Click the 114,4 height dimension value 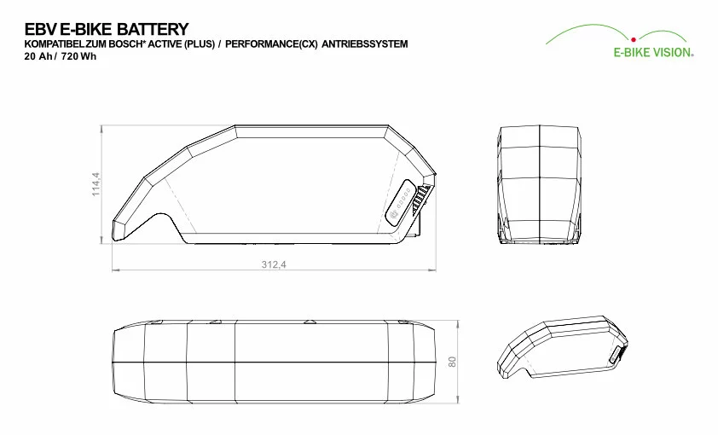coord(96,184)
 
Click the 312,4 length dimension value coord(274,264)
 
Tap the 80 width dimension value coord(453,362)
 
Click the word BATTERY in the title coord(153,29)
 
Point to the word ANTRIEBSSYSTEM coord(364,44)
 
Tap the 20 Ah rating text coord(38,57)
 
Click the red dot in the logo coord(634,40)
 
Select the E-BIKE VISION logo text coord(653,53)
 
